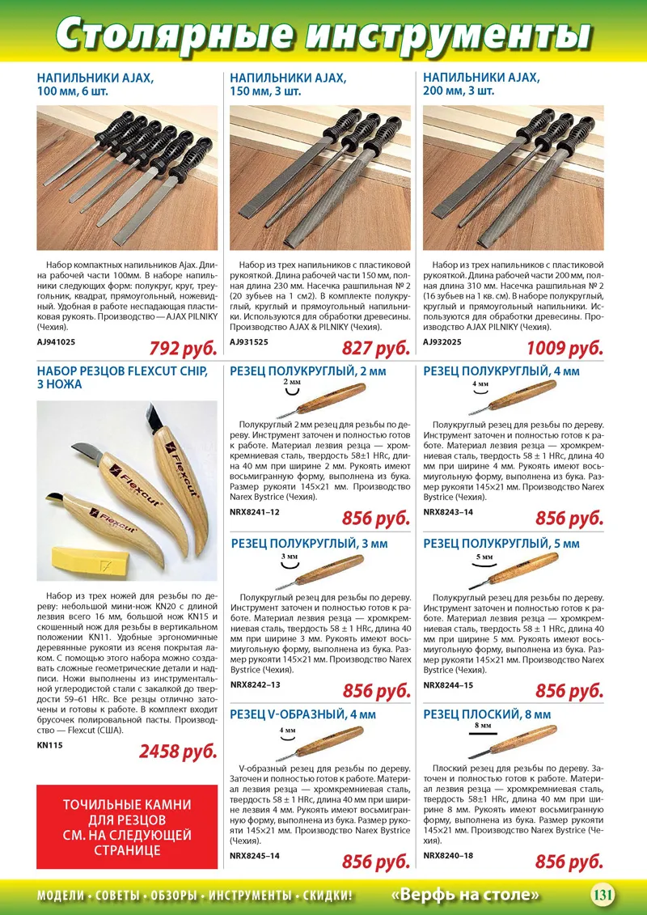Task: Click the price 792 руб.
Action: tap(183, 349)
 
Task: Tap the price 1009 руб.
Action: tap(565, 349)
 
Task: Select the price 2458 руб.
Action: tap(178, 752)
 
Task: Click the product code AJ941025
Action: tap(56, 342)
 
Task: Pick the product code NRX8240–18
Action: tap(448, 855)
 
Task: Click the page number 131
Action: tap(603, 895)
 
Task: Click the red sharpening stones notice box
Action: tap(127, 827)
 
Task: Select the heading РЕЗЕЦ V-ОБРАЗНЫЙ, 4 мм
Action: tap(302, 714)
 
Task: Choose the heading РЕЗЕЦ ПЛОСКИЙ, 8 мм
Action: tap(487, 714)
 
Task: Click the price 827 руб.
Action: tap(375, 349)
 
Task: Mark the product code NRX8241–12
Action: tap(255, 512)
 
